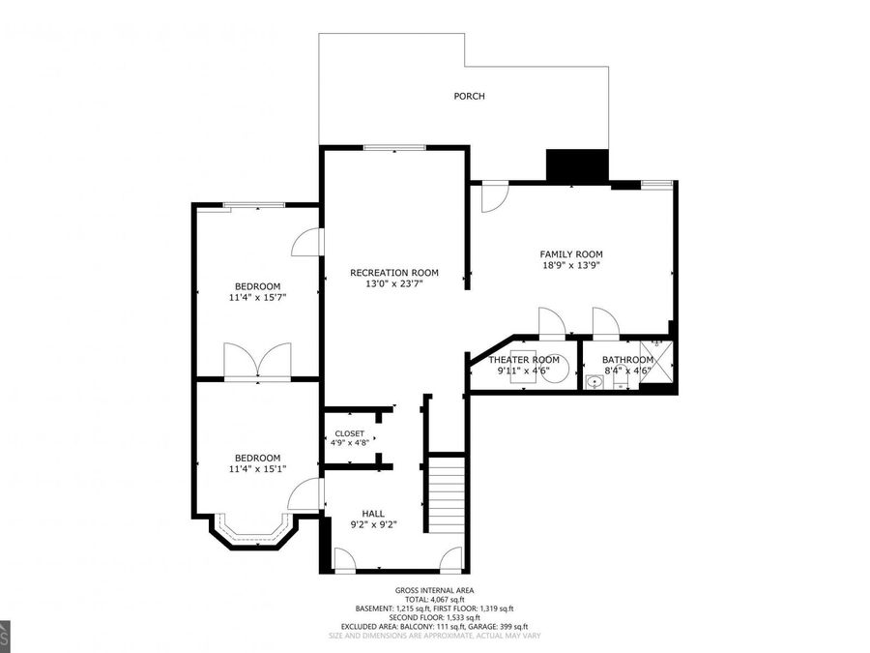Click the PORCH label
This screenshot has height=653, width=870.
coord(469,97)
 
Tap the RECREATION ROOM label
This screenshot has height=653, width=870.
coord(394,273)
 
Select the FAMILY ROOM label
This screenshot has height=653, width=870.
coord(570,254)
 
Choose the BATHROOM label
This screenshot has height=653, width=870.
coord(627,360)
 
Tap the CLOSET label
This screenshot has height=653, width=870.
coord(349,432)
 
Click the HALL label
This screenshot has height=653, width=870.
coord(373,514)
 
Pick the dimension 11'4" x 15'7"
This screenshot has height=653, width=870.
coord(258,297)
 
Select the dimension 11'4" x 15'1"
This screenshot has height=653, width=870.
coord(258,469)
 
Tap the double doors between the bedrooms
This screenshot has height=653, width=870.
coord(257,361)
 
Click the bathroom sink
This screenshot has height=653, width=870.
coord(594,381)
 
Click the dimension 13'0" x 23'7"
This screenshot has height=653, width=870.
coord(394,283)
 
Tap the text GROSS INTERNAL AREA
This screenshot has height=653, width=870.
coord(434,590)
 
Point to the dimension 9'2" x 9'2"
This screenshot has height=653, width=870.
coord(373,525)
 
